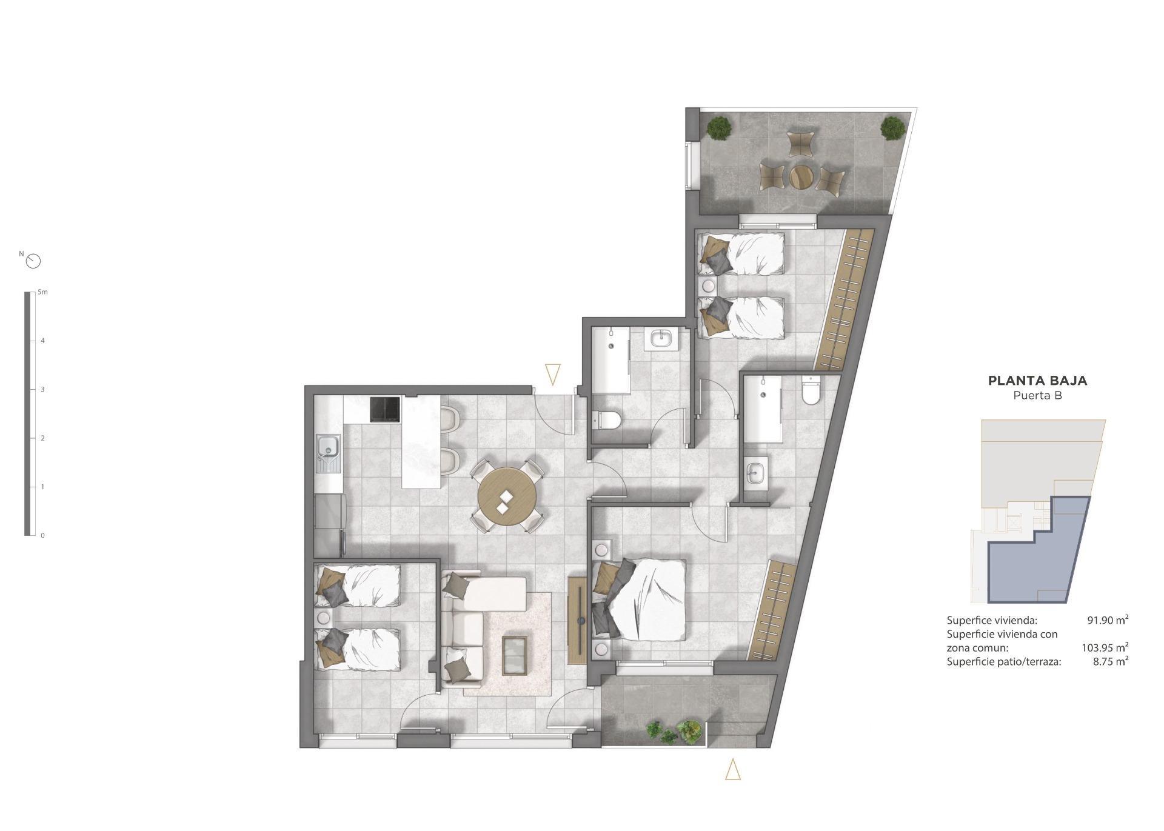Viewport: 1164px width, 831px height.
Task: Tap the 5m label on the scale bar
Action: tap(42, 292)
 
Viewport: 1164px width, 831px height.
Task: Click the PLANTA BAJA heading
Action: tap(1037, 381)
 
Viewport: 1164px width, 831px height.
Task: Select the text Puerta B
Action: tap(1037, 396)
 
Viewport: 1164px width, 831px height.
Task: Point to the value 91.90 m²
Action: tap(1107, 620)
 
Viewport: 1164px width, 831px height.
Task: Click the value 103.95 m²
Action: tap(1105, 647)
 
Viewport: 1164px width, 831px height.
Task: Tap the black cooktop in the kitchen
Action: tap(385, 409)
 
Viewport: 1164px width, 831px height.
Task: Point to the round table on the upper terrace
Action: tap(801, 177)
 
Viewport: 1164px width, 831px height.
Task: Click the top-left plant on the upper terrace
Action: tap(719, 127)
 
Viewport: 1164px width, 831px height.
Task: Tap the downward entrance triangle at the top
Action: tap(552, 373)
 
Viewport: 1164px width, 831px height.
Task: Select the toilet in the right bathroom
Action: tap(810, 392)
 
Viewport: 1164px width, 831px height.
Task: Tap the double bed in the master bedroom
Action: tap(646, 599)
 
